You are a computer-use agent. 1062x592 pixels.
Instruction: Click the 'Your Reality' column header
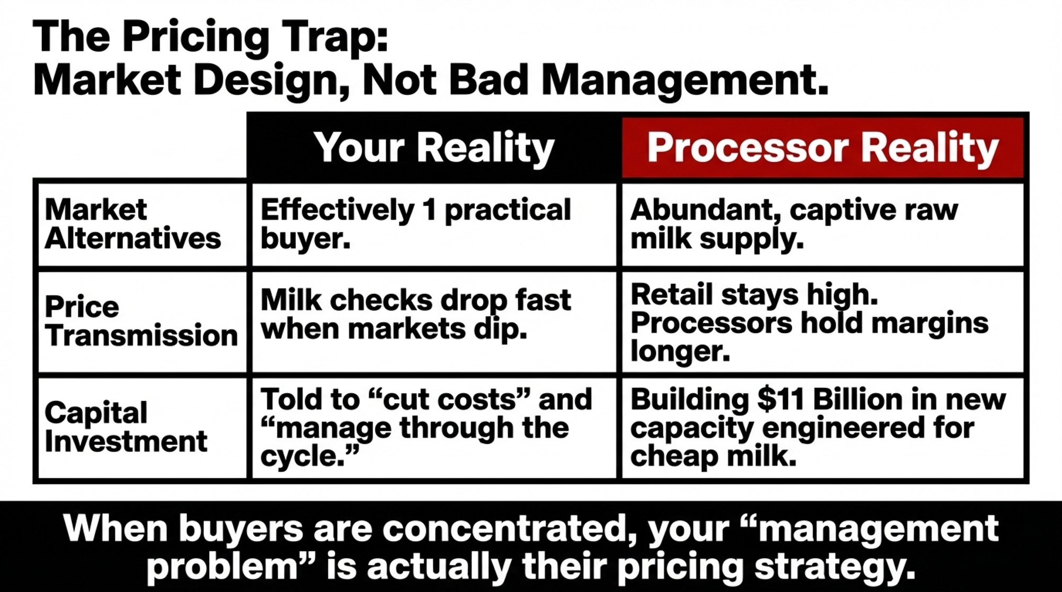(434, 147)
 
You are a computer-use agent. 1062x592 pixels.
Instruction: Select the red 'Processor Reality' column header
(823, 147)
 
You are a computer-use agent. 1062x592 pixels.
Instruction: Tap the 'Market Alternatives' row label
(133, 224)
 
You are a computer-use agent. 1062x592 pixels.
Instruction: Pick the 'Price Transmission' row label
(141, 321)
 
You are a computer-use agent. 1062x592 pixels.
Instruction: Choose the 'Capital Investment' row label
(126, 427)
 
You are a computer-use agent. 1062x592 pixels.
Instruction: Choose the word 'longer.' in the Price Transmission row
(680, 351)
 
